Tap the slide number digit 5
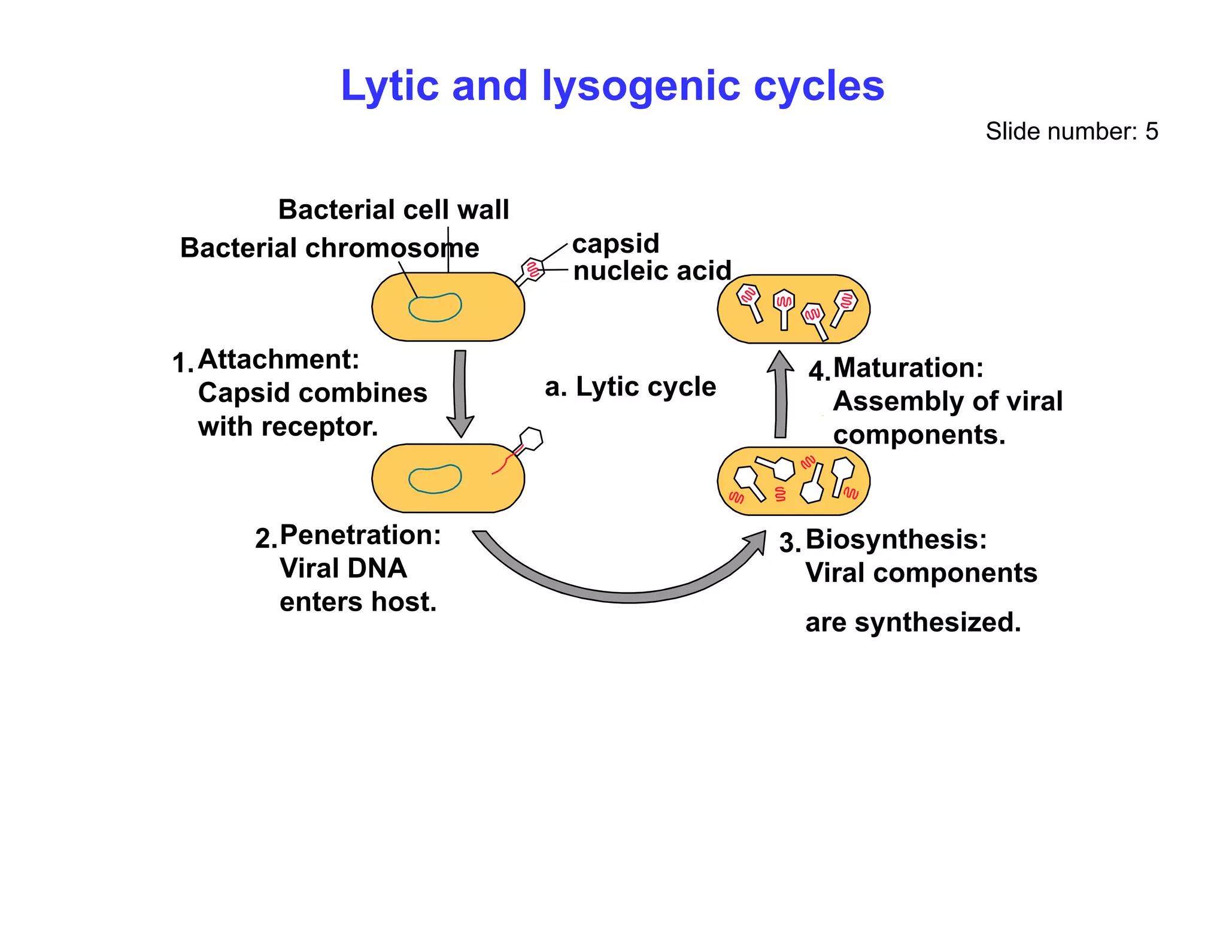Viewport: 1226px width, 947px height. (x=1151, y=132)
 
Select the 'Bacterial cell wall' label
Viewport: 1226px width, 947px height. (x=393, y=210)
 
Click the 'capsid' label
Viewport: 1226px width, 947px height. (x=615, y=244)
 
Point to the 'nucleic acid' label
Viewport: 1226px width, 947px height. (x=652, y=271)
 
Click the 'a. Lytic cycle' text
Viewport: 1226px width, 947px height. (x=630, y=387)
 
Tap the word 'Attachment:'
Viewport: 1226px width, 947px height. (x=278, y=360)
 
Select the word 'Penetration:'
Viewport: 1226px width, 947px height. (x=360, y=535)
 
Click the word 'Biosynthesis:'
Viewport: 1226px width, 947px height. (x=896, y=539)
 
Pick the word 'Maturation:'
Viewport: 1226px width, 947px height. (x=908, y=368)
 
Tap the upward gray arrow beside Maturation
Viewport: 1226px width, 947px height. (x=781, y=395)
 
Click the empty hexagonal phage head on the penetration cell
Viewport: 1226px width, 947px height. (x=530, y=439)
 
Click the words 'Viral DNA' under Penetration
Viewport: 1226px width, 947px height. (x=343, y=569)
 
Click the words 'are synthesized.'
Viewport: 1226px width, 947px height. (x=912, y=623)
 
